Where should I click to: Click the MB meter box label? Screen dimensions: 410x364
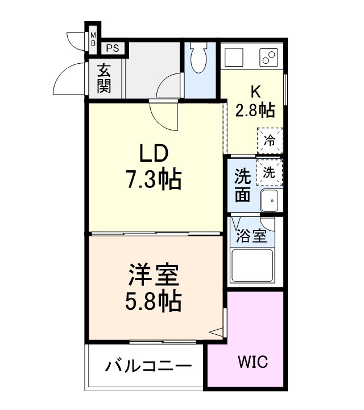(x=93, y=40)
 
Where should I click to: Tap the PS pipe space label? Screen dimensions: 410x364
(x=112, y=48)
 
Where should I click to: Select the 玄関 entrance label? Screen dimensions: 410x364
(x=104, y=79)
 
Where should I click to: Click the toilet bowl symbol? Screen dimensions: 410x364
(x=199, y=59)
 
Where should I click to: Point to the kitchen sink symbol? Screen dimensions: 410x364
(x=234, y=58)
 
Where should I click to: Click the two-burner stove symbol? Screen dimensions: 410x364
(x=268, y=58)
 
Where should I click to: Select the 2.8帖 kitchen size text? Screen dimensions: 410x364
(x=255, y=109)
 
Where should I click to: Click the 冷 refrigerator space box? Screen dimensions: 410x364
(x=270, y=140)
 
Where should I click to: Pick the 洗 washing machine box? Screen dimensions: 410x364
(x=270, y=173)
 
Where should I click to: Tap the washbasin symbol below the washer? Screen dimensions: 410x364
(x=271, y=200)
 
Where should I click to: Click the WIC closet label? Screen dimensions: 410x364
(x=252, y=362)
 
